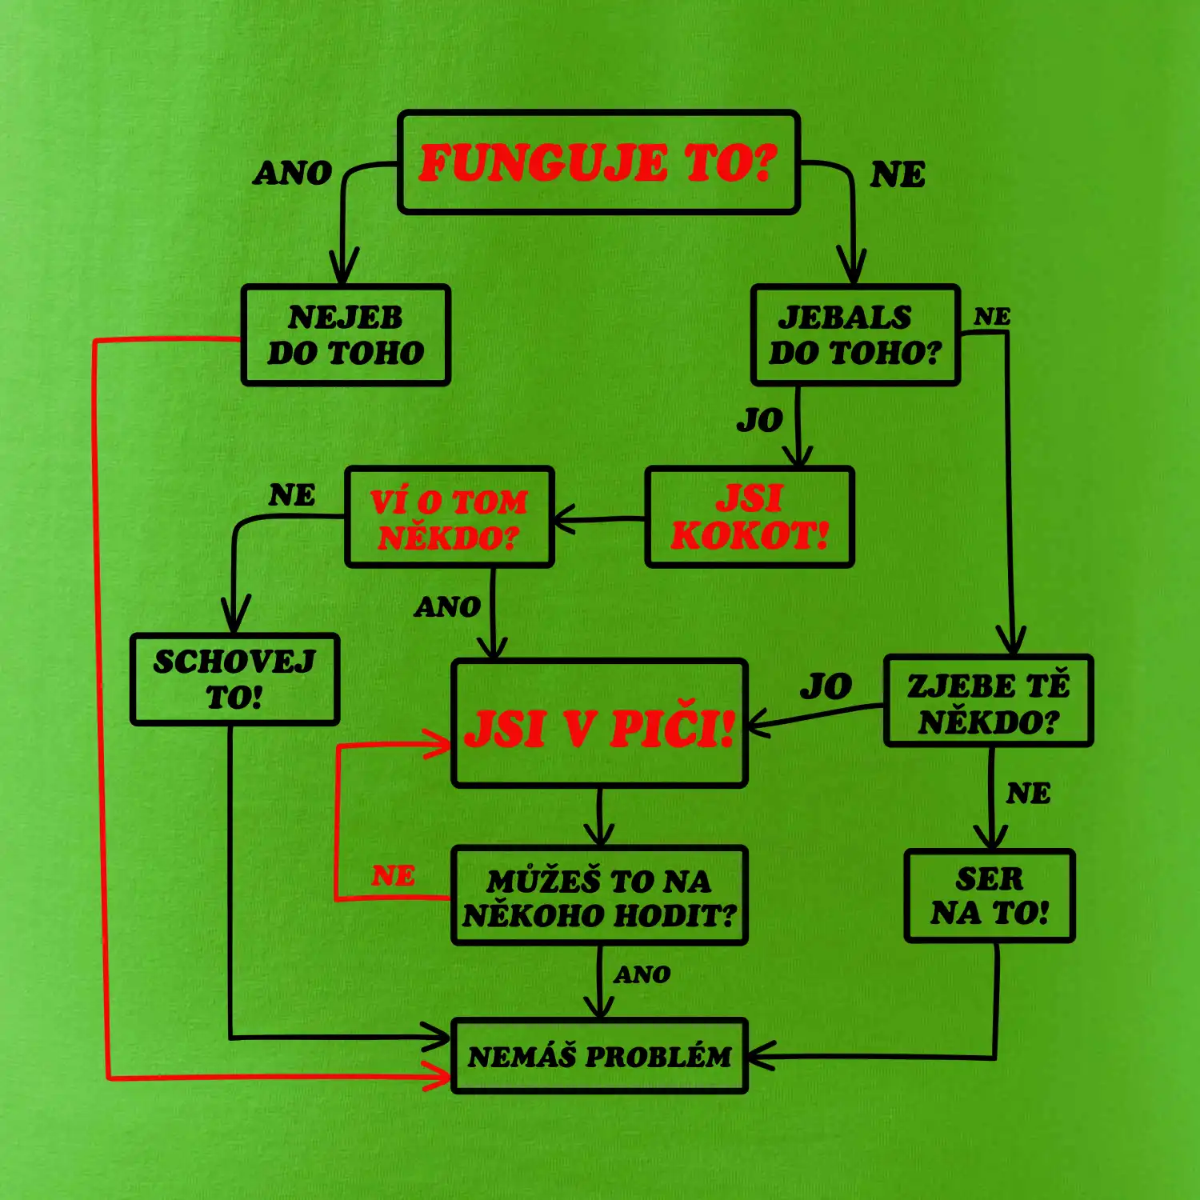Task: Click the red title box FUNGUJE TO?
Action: tap(598, 162)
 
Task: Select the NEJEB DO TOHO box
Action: tap(346, 335)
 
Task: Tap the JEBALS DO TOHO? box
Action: tap(855, 335)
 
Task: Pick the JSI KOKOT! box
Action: tap(750, 518)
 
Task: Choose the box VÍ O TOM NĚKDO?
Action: tap(449, 518)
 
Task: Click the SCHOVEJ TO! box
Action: tap(234, 680)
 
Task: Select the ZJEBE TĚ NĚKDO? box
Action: tap(988, 702)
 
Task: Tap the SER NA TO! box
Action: tap(990, 896)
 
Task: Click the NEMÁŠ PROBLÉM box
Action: tap(599, 1056)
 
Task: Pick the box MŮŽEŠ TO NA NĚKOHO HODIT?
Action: tap(599, 896)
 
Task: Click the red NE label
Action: tap(393, 876)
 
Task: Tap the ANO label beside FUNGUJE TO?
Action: tap(292, 173)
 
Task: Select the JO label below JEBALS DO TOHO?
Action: tap(759, 420)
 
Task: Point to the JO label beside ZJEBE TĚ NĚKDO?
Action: tap(826, 686)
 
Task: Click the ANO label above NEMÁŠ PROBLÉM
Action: tap(642, 974)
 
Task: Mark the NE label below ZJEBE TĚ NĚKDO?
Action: tap(1028, 794)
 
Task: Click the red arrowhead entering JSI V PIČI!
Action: tap(440, 746)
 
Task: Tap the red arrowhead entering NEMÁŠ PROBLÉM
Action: tap(440, 1077)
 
